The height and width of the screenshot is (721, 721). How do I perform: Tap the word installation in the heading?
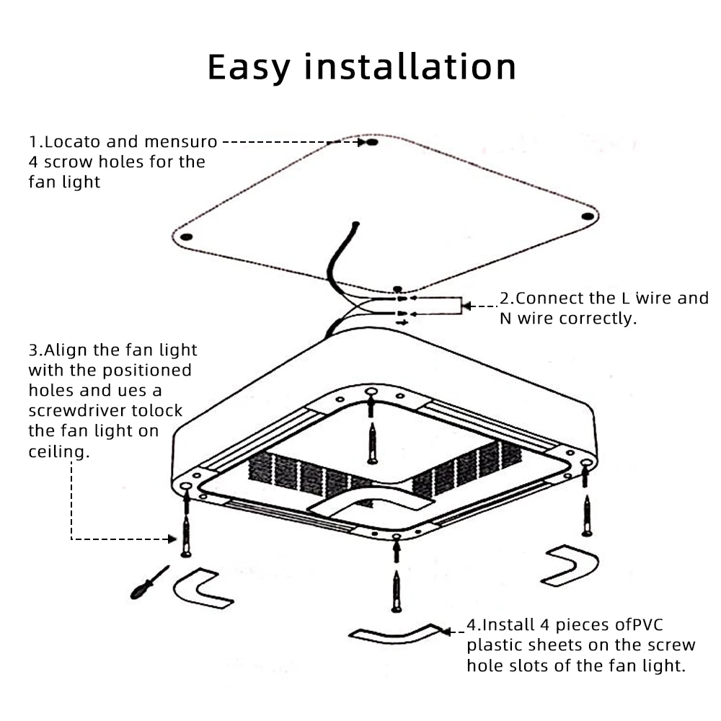409,66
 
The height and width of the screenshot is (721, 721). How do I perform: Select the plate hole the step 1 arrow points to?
372,143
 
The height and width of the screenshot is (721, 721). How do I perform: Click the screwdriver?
147,583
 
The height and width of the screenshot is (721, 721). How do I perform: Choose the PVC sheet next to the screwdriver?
202,588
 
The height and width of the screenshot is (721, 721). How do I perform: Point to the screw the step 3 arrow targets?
187,536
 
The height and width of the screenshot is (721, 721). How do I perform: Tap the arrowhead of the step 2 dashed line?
466,306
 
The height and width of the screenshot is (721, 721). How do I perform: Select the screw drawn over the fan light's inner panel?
371,443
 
